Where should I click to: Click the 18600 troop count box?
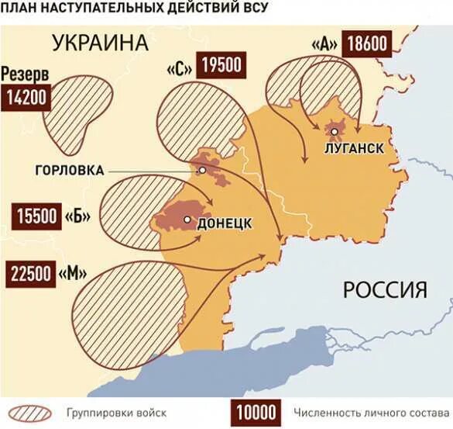coord(368,43)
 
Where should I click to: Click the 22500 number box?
coord(31,274)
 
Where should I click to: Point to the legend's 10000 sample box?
coord(257,411)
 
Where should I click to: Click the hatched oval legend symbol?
coord(29,412)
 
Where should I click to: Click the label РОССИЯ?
coord(385,290)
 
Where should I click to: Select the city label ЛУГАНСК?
coord(353,148)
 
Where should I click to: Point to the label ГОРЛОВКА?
coord(70,170)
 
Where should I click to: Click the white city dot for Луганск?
coord(334,133)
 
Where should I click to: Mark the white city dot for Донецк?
coord(187,220)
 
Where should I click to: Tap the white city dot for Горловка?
coord(202,169)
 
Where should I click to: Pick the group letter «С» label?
coord(179,68)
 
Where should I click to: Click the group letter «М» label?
coord(71,274)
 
